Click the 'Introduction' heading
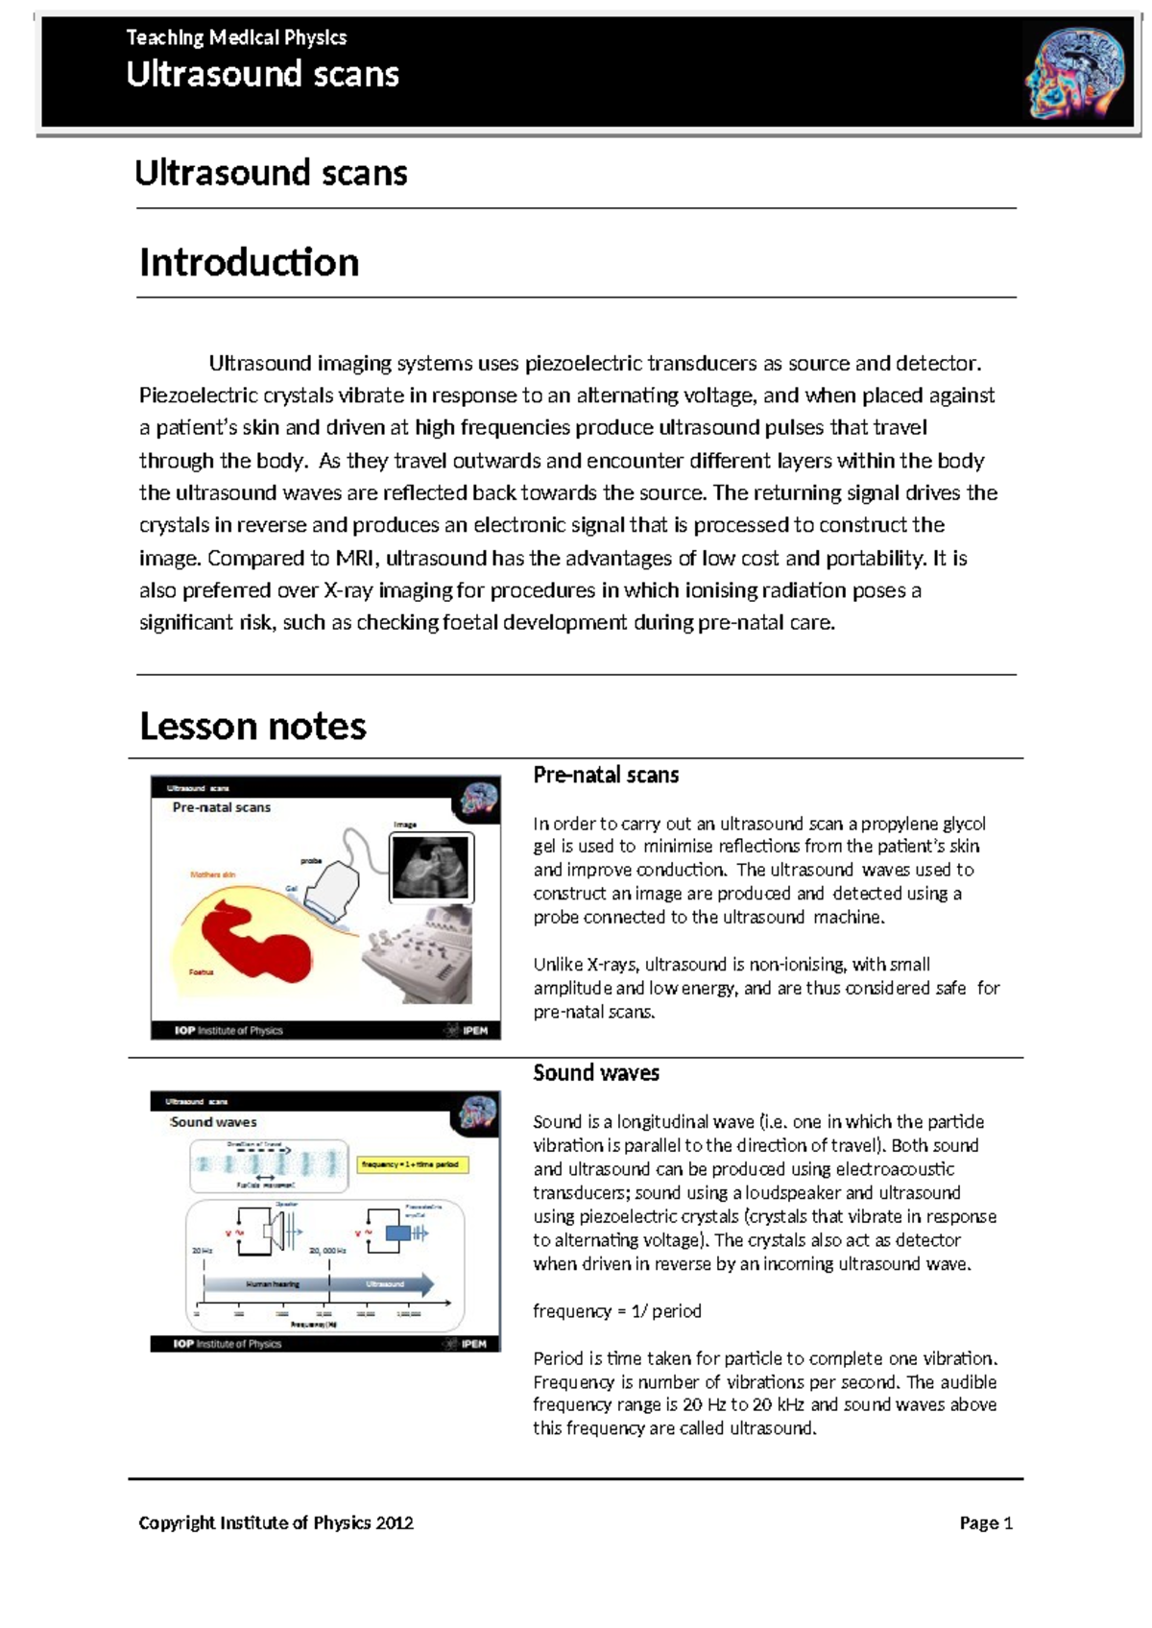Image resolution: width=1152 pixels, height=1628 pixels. [x=249, y=263]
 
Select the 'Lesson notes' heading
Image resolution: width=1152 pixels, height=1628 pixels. [x=252, y=727]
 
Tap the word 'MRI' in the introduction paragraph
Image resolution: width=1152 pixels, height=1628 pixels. [x=355, y=559]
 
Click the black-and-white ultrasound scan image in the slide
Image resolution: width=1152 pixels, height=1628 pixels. [x=431, y=867]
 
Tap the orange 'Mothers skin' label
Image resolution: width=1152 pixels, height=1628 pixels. [x=212, y=874]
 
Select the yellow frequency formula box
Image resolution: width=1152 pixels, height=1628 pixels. [x=412, y=1164]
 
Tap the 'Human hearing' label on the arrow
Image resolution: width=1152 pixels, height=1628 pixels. [x=273, y=1284]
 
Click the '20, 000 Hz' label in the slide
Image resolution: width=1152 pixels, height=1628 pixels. [x=327, y=1251]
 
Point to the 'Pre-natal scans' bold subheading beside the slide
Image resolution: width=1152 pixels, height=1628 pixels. [x=606, y=776]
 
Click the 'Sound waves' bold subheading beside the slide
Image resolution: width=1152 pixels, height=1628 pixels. [x=596, y=1073]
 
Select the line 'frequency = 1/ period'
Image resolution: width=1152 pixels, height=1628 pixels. [x=617, y=1311]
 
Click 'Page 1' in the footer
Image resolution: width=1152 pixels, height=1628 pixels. [x=986, y=1523]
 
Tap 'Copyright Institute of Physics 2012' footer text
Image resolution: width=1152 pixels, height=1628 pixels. [x=276, y=1523]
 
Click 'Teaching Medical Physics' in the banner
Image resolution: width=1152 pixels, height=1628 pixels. [x=236, y=38]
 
